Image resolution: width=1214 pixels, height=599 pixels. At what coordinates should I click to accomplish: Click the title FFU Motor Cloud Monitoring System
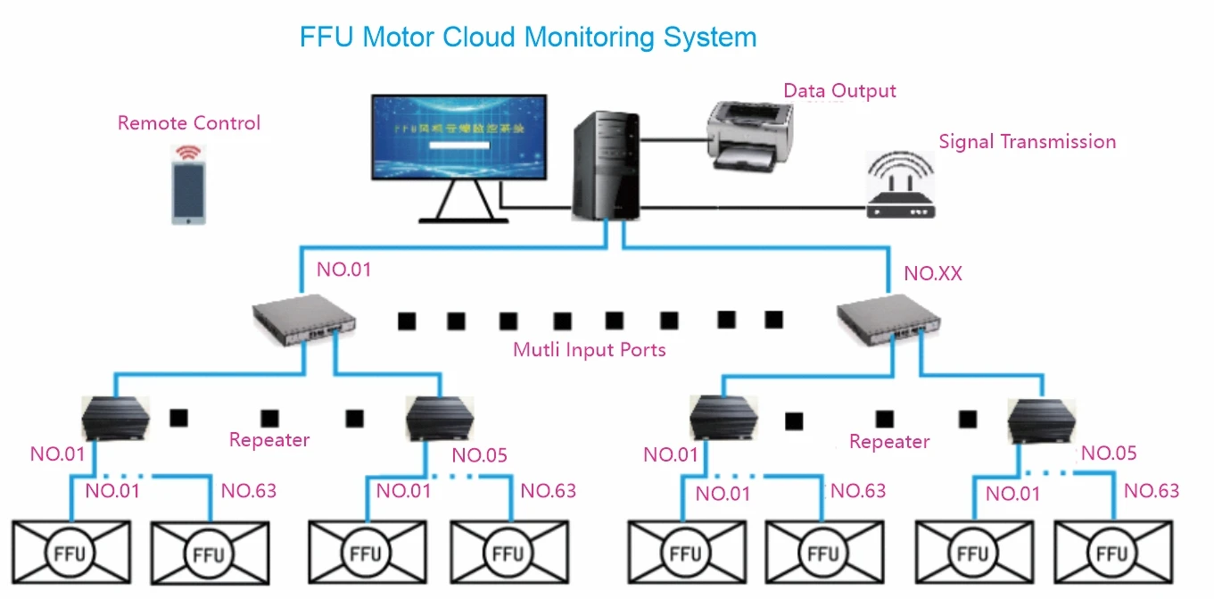[x=528, y=37]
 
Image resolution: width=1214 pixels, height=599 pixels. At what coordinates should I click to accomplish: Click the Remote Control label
[x=189, y=123]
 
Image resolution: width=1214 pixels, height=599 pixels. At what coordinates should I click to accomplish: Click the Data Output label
[x=839, y=91]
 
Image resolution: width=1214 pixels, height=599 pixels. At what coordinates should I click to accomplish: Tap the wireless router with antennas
[x=900, y=187]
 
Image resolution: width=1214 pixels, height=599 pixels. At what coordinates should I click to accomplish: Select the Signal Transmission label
[x=1027, y=142]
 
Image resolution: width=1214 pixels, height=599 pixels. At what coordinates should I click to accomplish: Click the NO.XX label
[x=933, y=274]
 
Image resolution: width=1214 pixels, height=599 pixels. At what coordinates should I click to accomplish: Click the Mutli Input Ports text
[x=589, y=350]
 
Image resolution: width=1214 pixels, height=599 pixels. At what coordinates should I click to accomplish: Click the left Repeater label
[x=269, y=440]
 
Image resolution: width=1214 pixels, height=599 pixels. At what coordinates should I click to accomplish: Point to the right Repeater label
[x=889, y=442]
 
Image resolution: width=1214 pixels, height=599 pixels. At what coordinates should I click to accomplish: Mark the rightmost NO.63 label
[x=1151, y=490]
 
